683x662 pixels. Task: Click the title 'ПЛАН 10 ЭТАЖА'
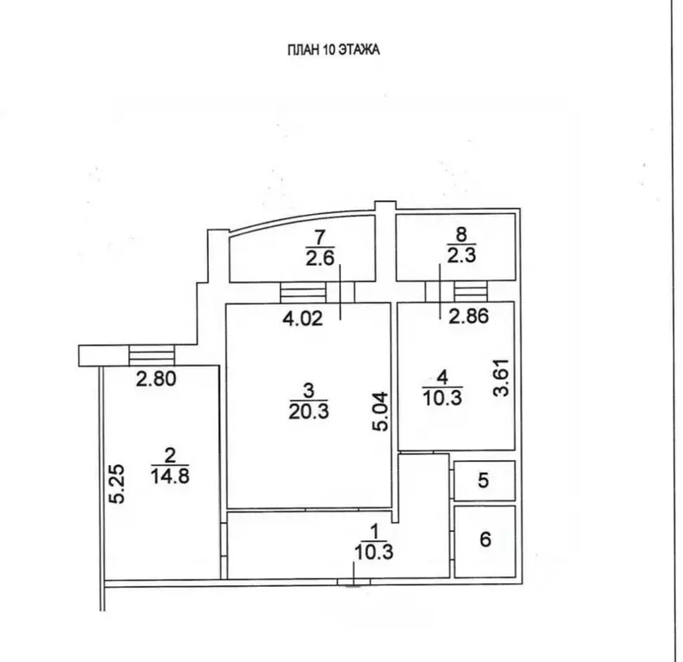pos(333,50)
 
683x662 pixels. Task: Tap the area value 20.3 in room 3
pos(309,411)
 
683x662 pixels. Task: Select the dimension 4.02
pos(303,318)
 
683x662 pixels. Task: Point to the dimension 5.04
pos(379,412)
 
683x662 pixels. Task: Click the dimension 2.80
pos(156,379)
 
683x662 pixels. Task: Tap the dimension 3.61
pos(501,377)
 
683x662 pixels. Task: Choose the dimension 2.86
pos(468,316)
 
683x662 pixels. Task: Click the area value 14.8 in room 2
pos(170,476)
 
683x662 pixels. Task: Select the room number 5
pos(484,480)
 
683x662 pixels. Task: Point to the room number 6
pos(486,539)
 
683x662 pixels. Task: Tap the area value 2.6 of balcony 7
pos(320,258)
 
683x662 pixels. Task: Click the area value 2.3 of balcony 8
pos(461,255)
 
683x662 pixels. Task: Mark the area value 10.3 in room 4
pos(442,398)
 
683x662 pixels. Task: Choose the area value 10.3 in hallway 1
pos(373,552)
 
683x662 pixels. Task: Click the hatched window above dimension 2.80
pos(152,356)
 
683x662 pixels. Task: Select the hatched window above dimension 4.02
pos(304,292)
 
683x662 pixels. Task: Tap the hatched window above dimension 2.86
pos(471,291)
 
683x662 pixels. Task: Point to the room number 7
pos(320,238)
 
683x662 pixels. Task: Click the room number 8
pos(461,235)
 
